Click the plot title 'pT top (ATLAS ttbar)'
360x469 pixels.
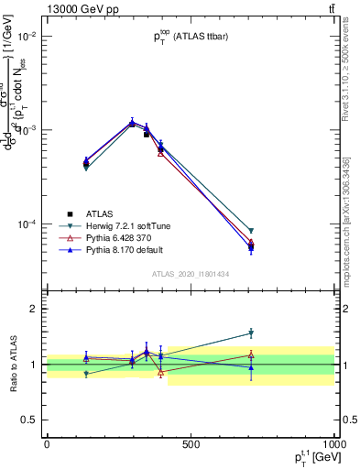pyautogui.click(x=191, y=38)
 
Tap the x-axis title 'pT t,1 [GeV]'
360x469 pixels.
pyautogui.click(x=308, y=458)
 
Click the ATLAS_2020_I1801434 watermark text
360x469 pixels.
pyautogui.click(x=191, y=274)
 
